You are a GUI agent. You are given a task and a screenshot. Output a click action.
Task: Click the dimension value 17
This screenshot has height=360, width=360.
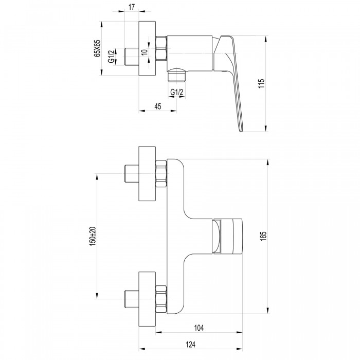click(x=132, y=7)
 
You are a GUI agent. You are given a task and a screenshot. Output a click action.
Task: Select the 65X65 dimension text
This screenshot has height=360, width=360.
click(x=97, y=48)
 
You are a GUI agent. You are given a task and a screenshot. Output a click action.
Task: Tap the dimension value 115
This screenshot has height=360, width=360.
click(x=261, y=83)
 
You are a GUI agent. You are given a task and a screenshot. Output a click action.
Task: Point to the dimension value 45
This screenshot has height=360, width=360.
click(x=158, y=106)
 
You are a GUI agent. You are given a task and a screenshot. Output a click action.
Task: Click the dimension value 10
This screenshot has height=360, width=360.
click(x=144, y=52)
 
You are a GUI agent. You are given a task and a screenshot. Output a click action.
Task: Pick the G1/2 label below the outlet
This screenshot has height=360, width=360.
click(x=177, y=92)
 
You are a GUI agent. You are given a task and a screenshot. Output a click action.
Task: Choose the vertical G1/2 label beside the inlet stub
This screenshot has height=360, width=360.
click(x=111, y=57)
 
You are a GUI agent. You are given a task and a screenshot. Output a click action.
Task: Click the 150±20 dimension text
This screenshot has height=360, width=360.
click(x=93, y=236)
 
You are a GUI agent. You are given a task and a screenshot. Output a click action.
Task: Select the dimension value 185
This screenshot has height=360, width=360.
click(x=263, y=236)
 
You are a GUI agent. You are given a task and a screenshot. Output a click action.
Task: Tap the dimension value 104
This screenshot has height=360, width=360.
click(x=199, y=328)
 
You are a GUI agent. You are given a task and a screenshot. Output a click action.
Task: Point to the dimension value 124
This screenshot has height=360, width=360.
click(x=190, y=345)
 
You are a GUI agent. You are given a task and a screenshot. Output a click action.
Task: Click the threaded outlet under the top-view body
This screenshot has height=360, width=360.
click(x=176, y=75)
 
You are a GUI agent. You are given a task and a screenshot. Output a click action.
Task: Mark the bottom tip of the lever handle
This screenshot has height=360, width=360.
click(x=241, y=131)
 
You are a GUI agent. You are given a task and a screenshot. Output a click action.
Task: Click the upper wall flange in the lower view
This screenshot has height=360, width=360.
click(x=147, y=174)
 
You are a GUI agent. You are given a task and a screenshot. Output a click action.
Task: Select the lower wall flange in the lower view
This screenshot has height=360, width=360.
click(x=147, y=299)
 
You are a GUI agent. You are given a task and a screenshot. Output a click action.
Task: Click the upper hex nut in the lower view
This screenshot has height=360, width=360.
click(x=161, y=174)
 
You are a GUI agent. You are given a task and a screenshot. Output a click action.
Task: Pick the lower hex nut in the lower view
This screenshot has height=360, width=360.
click(x=161, y=299)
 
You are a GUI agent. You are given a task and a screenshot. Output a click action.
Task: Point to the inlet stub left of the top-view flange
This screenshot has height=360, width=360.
click(x=132, y=57)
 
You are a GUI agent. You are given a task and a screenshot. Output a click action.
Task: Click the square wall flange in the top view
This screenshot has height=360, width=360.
click(x=147, y=48)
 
